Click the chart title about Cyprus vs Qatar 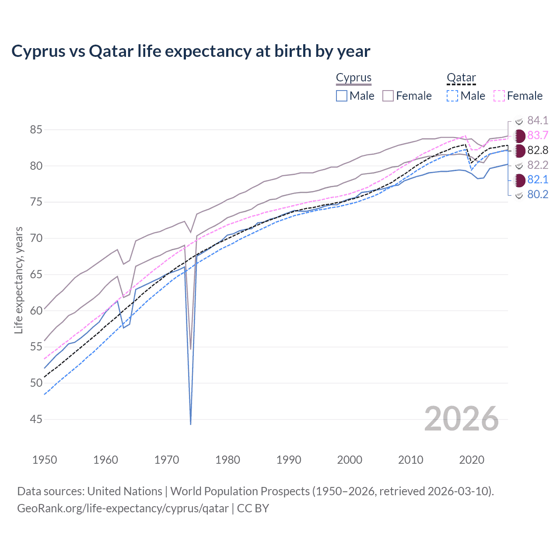191,51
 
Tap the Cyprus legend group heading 353,77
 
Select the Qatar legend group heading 461,77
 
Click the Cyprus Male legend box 342,96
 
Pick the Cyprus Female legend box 388,96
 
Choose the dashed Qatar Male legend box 452,96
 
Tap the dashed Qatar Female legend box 499,96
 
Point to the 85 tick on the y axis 36,130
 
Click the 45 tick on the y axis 36,420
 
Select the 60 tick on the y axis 36,311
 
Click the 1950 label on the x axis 45,460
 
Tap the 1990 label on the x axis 289,460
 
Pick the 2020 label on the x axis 472,460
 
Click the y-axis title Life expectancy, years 18,280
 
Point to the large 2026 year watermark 462,419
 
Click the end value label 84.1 538,120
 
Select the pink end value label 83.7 538,135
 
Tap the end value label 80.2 538,194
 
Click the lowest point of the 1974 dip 191,424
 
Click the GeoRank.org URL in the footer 123,508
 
